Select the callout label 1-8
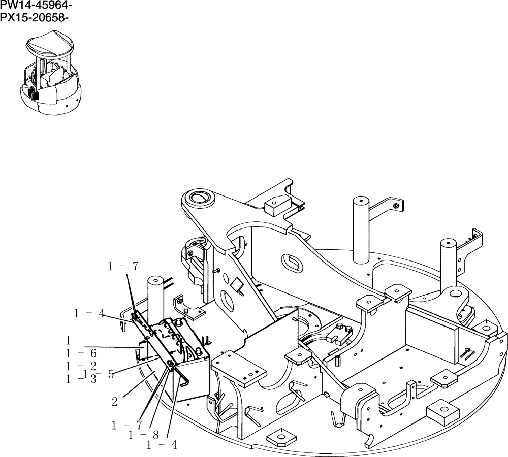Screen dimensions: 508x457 pos(143,434)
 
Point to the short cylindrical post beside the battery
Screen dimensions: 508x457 pos(155,300)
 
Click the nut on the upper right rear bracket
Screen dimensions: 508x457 pos(395,205)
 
